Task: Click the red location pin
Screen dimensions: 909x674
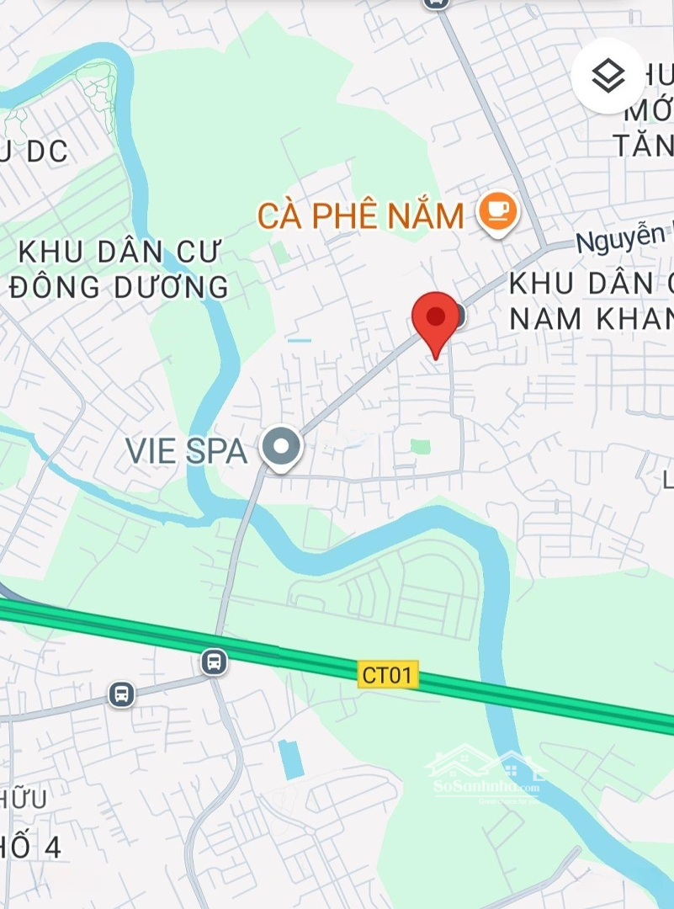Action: (435, 319)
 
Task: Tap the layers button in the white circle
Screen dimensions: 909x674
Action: (608, 77)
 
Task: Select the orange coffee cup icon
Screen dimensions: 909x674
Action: (497, 211)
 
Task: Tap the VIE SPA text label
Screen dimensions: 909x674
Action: (186, 451)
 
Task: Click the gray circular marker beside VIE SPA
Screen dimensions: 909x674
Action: (280, 448)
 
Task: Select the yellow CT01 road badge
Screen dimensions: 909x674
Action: (388, 674)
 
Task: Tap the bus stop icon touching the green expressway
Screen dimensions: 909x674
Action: (215, 662)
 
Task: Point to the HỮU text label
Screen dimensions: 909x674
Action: (24, 797)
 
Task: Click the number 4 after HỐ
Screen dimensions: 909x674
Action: (52, 847)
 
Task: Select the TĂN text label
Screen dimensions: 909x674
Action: (644, 145)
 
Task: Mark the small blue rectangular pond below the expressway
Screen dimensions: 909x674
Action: (290, 759)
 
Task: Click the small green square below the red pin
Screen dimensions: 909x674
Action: (421, 446)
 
